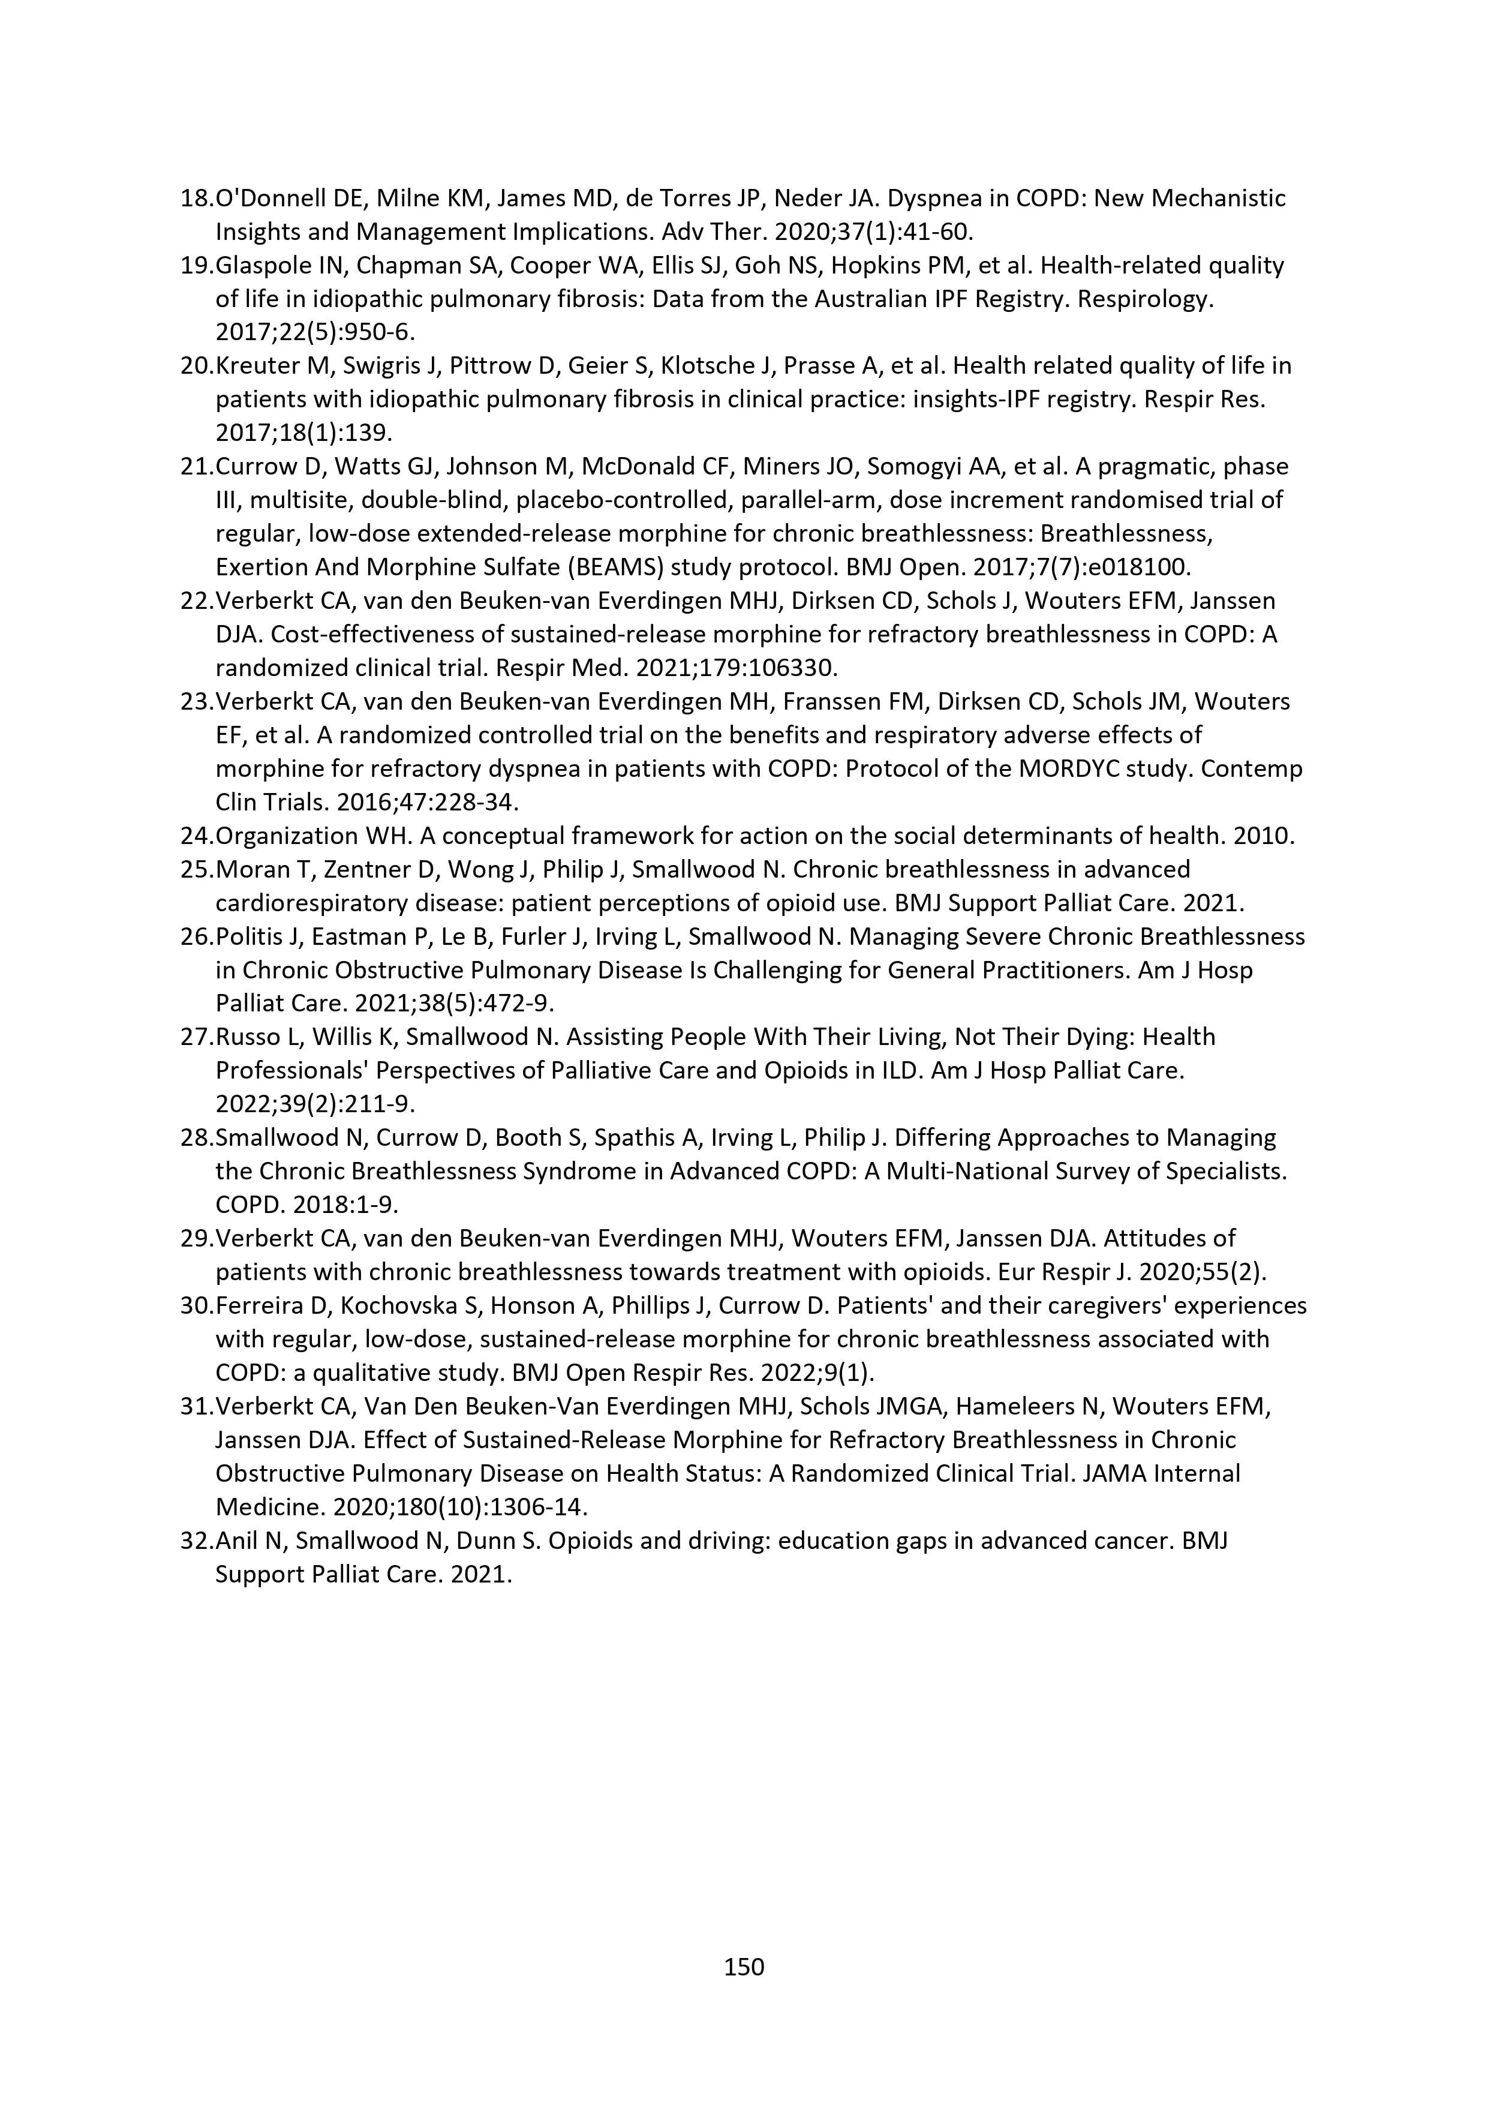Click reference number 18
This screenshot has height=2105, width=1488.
coord(196,198)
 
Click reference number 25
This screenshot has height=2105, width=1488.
coord(196,869)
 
